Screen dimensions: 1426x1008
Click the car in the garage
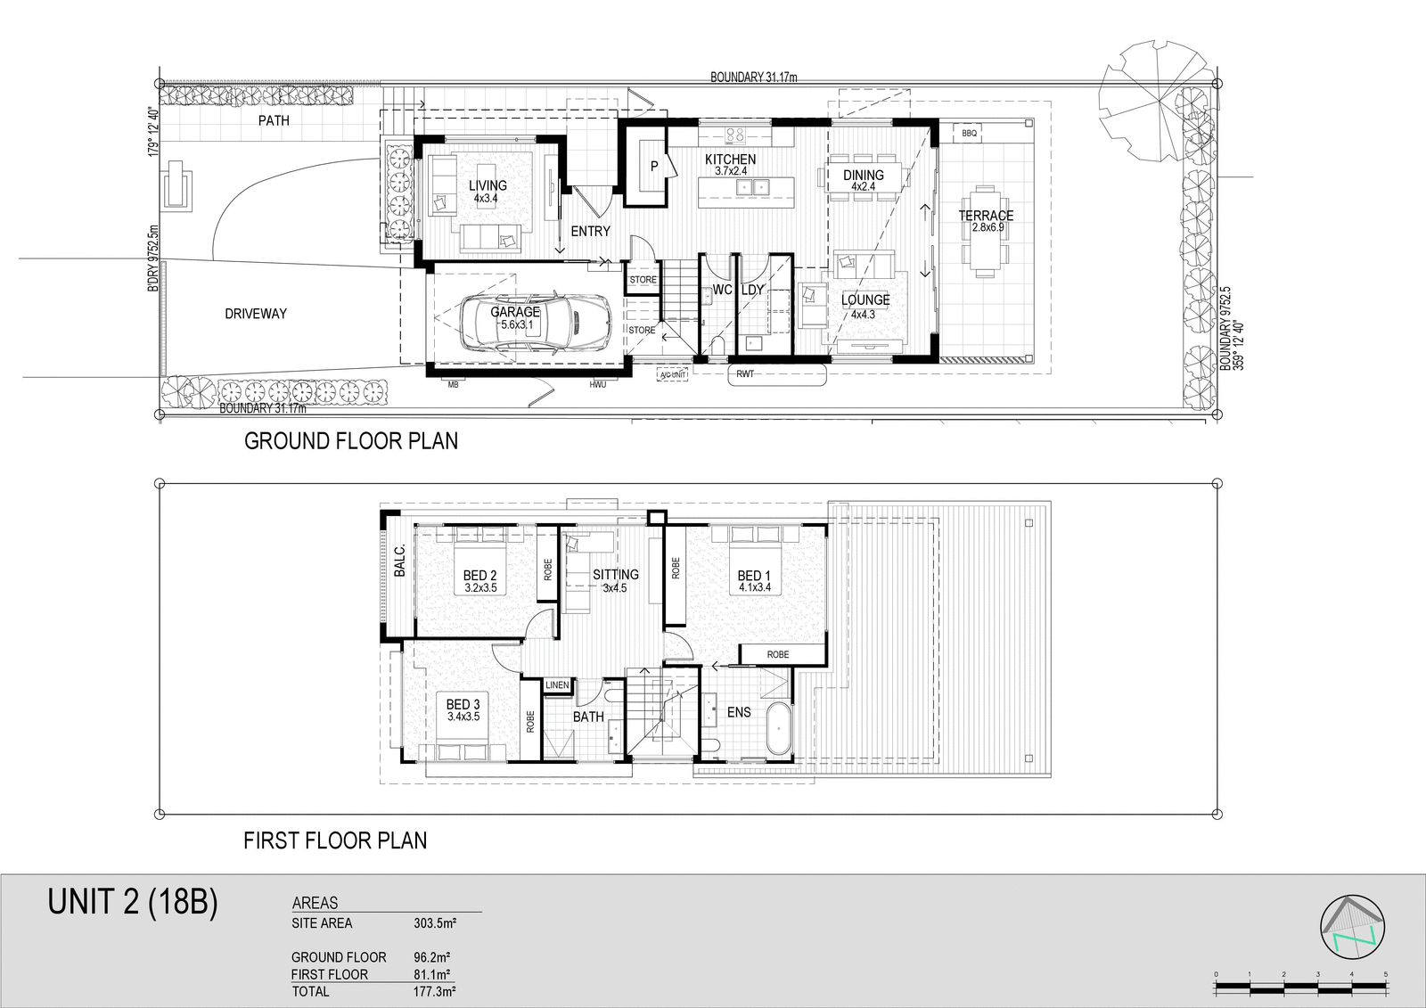click(534, 323)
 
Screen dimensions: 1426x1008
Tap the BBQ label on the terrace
click(969, 134)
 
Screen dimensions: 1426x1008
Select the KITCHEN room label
click(730, 160)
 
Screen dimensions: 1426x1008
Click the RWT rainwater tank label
click(745, 373)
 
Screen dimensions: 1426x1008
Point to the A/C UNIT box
click(673, 375)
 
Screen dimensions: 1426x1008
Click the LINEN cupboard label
click(557, 685)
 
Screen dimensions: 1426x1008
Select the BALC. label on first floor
click(400, 561)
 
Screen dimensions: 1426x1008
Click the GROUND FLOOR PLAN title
click(351, 441)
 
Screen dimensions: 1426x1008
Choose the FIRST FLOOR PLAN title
click(335, 840)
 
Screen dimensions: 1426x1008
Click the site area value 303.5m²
click(436, 923)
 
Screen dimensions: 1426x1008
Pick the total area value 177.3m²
click(434, 991)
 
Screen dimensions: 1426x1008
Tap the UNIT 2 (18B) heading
click(133, 902)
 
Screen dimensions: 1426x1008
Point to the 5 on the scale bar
click(1385, 974)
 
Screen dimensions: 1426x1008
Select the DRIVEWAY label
click(255, 314)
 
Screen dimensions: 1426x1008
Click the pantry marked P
click(654, 167)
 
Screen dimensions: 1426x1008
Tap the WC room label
click(722, 290)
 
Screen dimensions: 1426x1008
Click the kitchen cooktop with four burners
click(735, 135)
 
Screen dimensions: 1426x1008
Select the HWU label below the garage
click(597, 385)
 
